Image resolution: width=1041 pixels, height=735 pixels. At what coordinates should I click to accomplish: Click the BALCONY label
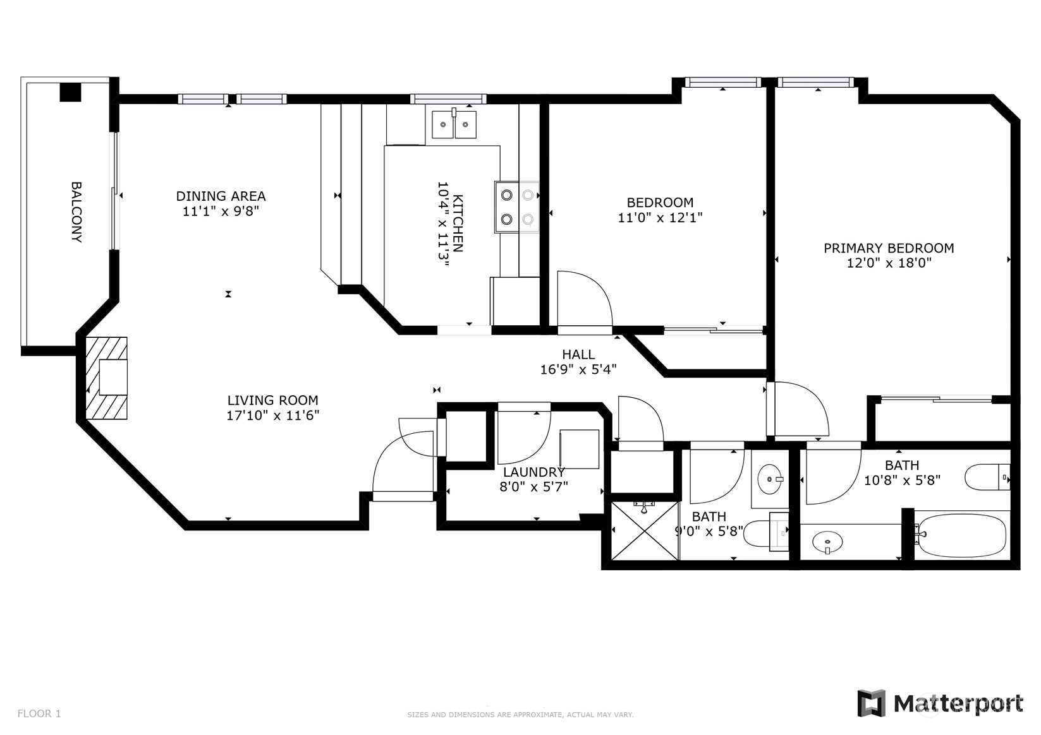tap(76, 212)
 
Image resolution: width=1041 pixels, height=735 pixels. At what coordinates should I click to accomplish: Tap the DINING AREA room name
tap(221, 196)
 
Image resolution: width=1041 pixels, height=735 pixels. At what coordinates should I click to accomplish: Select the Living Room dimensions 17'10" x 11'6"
tap(273, 415)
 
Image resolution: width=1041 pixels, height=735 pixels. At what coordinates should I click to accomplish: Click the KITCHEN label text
tap(458, 224)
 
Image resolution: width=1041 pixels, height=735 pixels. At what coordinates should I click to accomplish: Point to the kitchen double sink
tap(454, 124)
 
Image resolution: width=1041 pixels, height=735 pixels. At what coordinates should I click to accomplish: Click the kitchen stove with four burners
tap(517, 207)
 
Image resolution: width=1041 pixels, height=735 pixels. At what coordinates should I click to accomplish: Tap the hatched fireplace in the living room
tap(106, 378)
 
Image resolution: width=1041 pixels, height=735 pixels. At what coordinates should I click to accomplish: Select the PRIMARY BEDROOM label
tap(889, 248)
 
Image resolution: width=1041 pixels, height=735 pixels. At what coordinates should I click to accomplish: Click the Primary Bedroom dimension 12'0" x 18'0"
tap(889, 263)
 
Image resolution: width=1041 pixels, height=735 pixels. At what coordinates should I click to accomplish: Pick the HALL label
tap(578, 354)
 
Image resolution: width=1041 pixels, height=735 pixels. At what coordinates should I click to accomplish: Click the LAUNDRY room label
tap(534, 472)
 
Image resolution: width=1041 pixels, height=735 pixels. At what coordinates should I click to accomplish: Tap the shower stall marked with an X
tap(645, 530)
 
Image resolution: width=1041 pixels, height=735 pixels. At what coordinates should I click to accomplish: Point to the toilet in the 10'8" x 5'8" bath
tap(987, 477)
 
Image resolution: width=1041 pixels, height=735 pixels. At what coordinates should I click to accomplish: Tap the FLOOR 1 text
tap(39, 714)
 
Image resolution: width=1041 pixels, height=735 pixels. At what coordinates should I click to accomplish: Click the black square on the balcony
tap(70, 92)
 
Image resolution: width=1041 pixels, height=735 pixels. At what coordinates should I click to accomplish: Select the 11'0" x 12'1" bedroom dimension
tap(660, 217)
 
